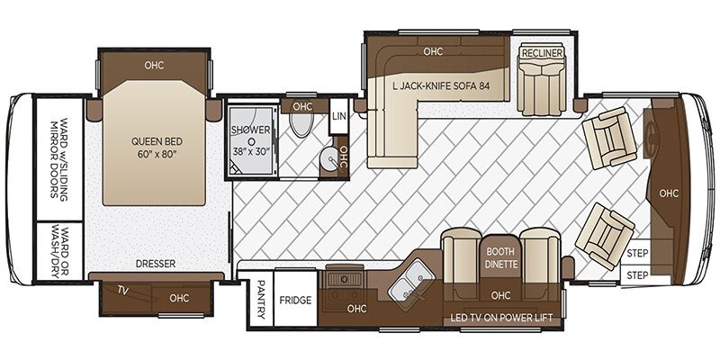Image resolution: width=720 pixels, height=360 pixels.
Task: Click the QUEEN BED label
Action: [154, 148]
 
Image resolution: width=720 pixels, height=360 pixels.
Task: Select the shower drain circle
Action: [251, 140]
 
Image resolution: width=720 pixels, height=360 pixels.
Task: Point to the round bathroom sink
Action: [328, 159]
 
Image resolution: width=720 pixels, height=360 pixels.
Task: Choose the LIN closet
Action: [339, 117]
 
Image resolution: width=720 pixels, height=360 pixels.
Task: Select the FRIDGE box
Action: [295, 301]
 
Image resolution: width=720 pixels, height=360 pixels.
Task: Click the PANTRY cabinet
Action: [261, 300]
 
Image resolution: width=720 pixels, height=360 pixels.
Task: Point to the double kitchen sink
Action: [411, 280]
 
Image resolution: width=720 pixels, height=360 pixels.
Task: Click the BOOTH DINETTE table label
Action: [501, 258]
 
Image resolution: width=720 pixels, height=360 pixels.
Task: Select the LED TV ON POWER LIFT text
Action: [501, 318]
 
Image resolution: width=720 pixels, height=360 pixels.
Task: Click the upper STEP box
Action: [636, 253]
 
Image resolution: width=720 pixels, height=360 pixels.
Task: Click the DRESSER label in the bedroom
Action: [156, 264]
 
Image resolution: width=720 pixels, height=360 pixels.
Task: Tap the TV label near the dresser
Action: [121, 290]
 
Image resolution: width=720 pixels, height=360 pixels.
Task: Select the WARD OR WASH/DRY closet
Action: [59, 251]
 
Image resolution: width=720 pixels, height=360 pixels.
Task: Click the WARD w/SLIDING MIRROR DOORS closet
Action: [59, 159]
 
